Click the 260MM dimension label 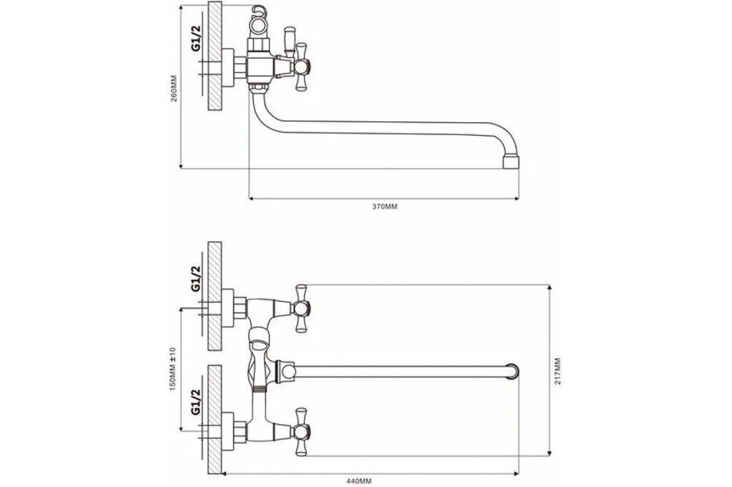pos(174,89)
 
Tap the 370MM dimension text pos(385,206)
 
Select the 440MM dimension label pos(359,481)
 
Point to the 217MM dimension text pos(558,371)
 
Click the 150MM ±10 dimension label pos(172,368)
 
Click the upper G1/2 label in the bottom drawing pos(196,278)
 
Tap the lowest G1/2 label pos(196,401)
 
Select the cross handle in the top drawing pos(301,68)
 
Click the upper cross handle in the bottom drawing pos(301,308)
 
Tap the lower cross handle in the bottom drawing pos(301,432)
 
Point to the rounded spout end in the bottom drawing pos(513,371)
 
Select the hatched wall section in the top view pos(214,56)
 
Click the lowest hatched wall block pos(214,419)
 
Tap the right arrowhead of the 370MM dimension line pos(516,199)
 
